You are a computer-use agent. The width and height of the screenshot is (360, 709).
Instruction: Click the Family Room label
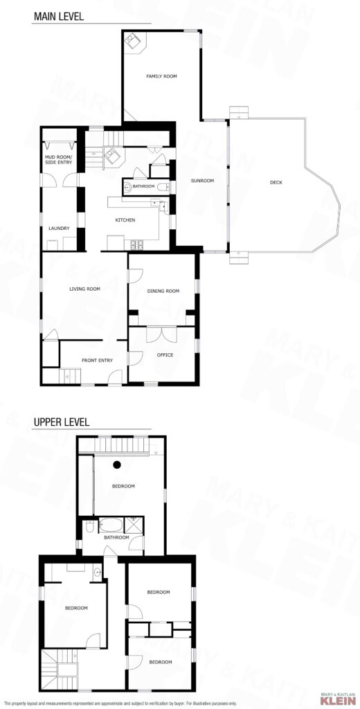(x=161, y=76)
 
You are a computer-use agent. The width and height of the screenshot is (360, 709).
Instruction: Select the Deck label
(x=276, y=183)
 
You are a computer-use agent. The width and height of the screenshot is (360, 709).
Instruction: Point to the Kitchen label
(x=125, y=220)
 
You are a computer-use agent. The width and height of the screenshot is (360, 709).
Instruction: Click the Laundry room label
(x=60, y=228)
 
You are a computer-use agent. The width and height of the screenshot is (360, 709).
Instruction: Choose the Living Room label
(x=84, y=289)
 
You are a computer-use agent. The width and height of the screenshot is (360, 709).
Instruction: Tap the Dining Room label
(x=163, y=291)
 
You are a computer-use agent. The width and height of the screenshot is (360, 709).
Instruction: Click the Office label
(x=165, y=355)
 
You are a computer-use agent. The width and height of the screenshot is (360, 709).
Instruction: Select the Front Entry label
(x=97, y=360)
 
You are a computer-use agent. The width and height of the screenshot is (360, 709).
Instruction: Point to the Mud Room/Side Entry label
(x=60, y=159)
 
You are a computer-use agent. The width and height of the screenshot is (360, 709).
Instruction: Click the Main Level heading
(x=58, y=17)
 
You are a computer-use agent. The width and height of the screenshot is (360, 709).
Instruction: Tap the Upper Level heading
(x=61, y=422)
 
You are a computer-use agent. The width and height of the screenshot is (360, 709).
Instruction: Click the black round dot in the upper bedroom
(x=117, y=464)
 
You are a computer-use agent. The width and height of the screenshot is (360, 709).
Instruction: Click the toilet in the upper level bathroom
(x=89, y=527)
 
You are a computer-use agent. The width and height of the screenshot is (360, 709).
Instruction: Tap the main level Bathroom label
(x=144, y=186)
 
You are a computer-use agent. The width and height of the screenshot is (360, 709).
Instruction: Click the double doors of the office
(x=161, y=334)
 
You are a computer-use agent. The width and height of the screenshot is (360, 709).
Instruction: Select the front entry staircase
(x=70, y=376)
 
